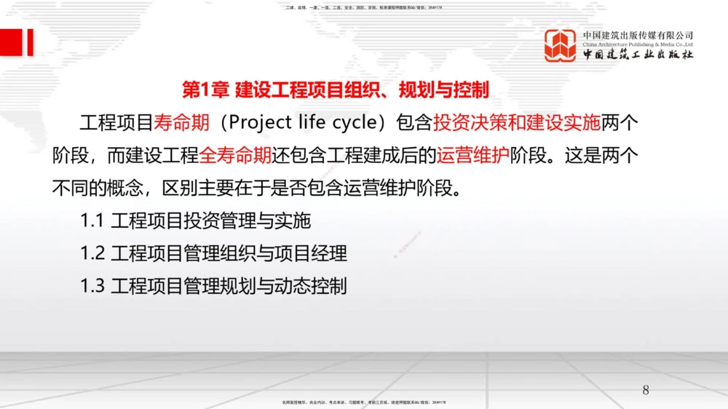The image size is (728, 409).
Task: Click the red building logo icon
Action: point(561,45)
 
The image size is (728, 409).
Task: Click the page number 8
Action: point(646,390)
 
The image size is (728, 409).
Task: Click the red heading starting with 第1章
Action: point(335,90)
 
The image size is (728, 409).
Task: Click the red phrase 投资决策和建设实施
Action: point(517,122)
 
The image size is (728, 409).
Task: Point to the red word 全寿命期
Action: point(235,156)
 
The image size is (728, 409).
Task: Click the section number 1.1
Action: point(92,220)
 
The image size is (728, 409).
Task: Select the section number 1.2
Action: point(92,253)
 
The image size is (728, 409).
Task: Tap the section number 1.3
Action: point(92,286)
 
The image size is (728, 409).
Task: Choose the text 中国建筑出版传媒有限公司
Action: point(638,35)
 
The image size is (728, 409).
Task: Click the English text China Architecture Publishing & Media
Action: point(638,44)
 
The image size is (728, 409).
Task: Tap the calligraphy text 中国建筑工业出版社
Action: point(638,55)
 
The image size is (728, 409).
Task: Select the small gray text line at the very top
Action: point(364,7)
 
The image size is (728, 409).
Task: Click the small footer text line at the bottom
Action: point(364,402)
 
